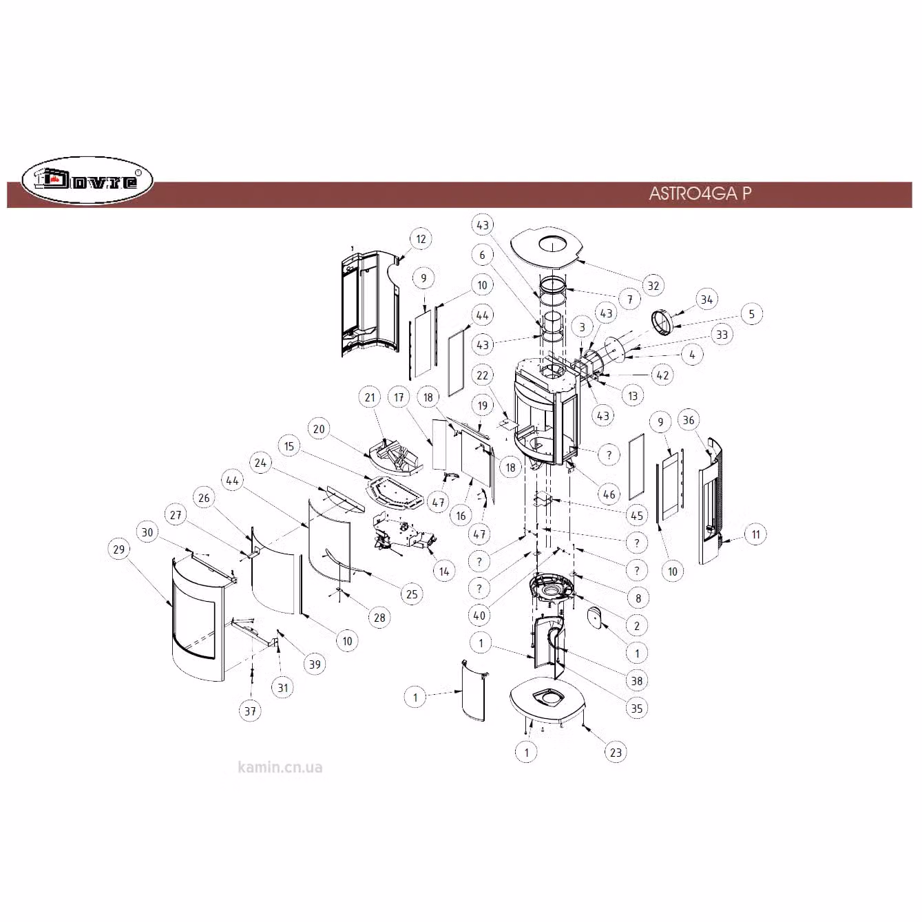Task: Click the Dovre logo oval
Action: tap(87, 181)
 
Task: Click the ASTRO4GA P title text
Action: tap(700, 193)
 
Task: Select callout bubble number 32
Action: tap(653, 286)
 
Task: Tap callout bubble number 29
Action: tap(119, 549)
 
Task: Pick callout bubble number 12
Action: tap(421, 239)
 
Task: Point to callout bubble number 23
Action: tap(616, 753)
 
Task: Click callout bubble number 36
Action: tap(688, 420)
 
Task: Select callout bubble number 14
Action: tap(444, 571)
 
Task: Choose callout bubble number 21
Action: tap(370, 397)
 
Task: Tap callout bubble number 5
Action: tap(751, 314)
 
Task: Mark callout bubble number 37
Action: tap(250, 711)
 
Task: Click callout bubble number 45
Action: tap(637, 515)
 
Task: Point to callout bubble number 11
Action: tap(755, 534)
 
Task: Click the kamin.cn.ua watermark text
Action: tap(280, 768)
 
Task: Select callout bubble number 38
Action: tap(637, 680)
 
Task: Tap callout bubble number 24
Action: tap(260, 463)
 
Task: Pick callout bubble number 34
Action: tap(706, 300)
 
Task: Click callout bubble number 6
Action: tap(482, 255)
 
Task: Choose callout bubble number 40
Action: tap(479, 616)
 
